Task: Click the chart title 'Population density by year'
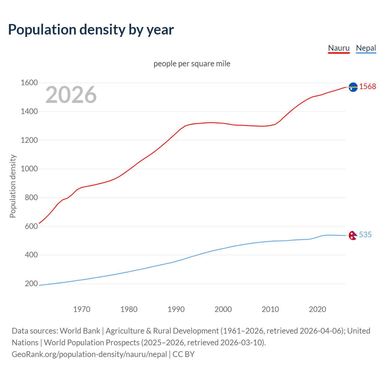pyautogui.click(x=91, y=30)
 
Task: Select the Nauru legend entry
pyautogui.click(x=339, y=48)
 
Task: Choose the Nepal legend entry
pyautogui.click(x=366, y=48)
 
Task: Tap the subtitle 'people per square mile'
pyautogui.click(x=192, y=64)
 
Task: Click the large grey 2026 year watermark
pyautogui.click(x=71, y=95)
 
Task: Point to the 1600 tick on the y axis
pyautogui.click(x=29, y=82)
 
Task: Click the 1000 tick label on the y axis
pyautogui.click(x=29, y=169)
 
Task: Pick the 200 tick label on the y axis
pyautogui.click(x=31, y=283)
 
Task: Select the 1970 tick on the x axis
pyautogui.click(x=82, y=309)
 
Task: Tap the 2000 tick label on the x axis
pyautogui.click(x=223, y=309)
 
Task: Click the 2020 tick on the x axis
pyautogui.click(x=317, y=309)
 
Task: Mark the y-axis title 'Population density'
pyautogui.click(x=13, y=186)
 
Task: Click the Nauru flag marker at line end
pyautogui.click(x=353, y=87)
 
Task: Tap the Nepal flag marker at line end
pyautogui.click(x=353, y=235)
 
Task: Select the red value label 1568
pyautogui.click(x=367, y=86)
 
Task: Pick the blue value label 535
pyautogui.click(x=365, y=235)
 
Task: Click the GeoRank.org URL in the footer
pyautogui.click(x=89, y=354)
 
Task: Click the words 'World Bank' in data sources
pyautogui.click(x=80, y=331)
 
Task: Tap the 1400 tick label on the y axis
pyautogui.click(x=29, y=111)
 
